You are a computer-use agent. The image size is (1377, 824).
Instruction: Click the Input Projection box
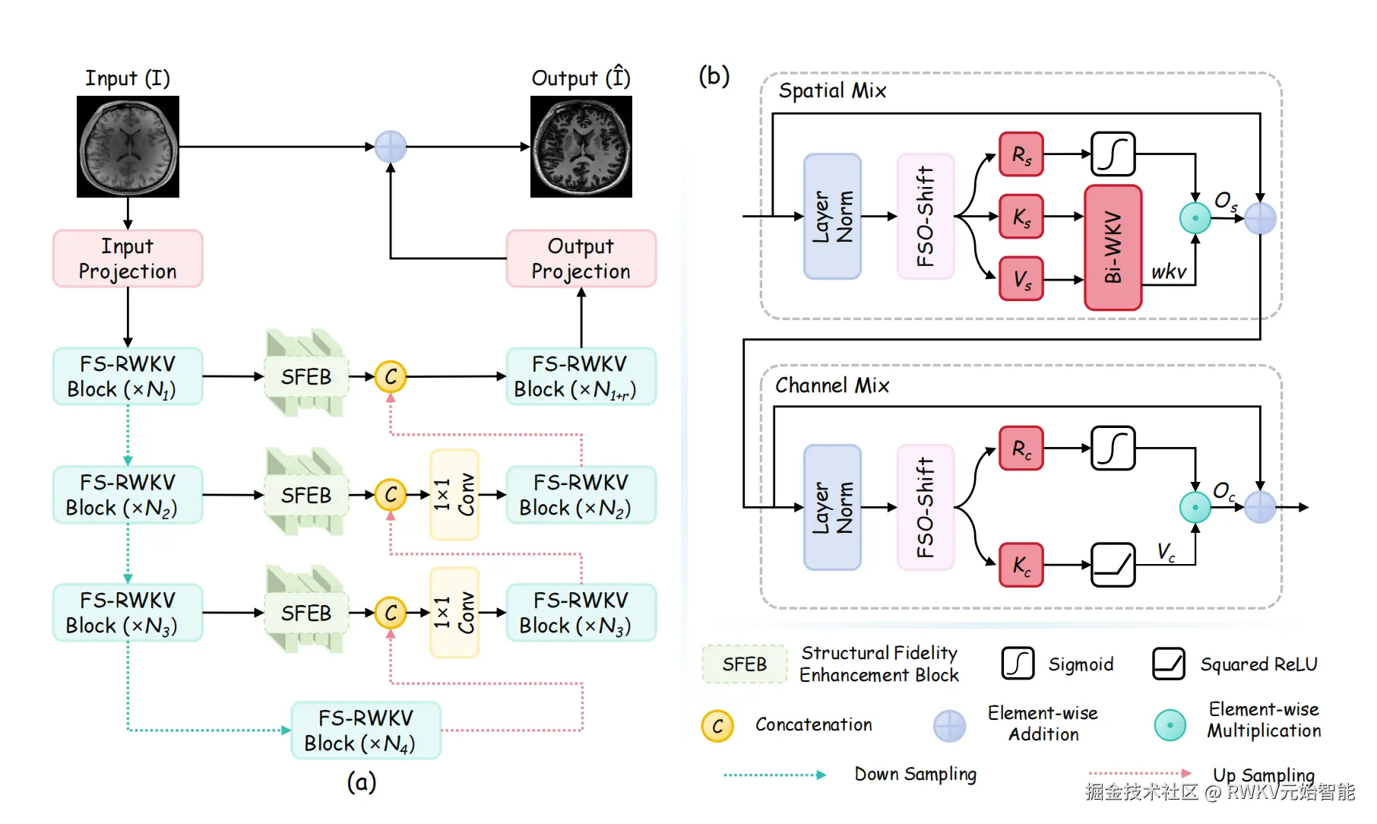(x=128, y=258)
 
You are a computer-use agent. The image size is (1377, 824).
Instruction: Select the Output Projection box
(x=581, y=258)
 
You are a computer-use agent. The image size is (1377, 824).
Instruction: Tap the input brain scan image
(x=128, y=147)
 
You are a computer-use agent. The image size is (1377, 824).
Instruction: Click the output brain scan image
(x=581, y=147)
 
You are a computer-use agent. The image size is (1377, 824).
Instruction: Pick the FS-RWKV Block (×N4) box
(x=366, y=730)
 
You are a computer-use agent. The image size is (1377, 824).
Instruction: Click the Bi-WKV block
(x=1113, y=248)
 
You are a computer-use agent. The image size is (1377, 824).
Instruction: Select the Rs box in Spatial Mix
(x=1021, y=154)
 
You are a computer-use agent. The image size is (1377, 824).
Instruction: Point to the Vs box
(x=1021, y=279)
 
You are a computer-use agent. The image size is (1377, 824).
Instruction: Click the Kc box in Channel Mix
(x=1021, y=565)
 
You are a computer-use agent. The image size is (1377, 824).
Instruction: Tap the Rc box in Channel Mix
(x=1021, y=448)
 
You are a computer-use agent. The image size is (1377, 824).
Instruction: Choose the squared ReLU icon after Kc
(x=1113, y=565)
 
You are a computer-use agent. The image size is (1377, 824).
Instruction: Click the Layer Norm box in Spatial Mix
(x=832, y=217)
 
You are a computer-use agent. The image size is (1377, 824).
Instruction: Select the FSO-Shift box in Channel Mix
(x=925, y=507)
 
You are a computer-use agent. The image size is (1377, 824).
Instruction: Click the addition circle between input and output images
(x=391, y=147)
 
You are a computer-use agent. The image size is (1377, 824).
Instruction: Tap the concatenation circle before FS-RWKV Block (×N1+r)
(x=391, y=376)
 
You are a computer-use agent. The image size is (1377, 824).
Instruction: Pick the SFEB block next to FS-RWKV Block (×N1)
(x=306, y=376)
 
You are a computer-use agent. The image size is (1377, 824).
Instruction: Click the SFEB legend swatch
(x=744, y=664)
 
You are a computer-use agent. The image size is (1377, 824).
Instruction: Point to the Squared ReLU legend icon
(x=1169, y=664)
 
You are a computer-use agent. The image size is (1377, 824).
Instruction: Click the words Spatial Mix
(x=832, y=91)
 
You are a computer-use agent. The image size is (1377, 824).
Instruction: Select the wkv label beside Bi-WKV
(x=1168, y=272)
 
